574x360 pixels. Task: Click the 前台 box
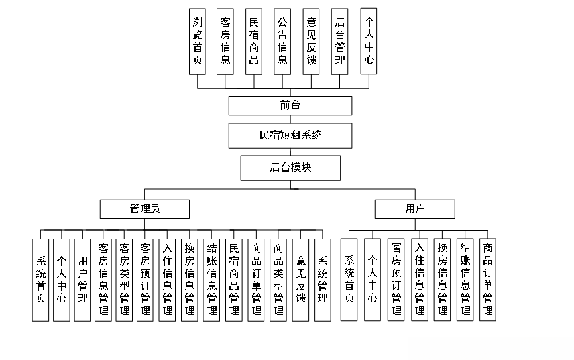(x=290, y=106)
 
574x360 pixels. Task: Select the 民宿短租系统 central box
(x=290, y=135)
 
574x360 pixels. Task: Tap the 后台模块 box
(x=290, y=168)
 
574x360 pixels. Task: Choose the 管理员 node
(x=144, y=209)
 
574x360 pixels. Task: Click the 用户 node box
(x=415, y=209)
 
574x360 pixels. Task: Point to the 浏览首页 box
(x=198, y=41)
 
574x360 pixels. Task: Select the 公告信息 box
(x=283, y=41)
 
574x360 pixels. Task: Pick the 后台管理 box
(x=340, y=41)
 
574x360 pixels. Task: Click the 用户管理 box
(x=82, y=280)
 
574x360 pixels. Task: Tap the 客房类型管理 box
(x=124, y=280)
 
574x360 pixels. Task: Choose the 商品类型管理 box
(x=278, y=280)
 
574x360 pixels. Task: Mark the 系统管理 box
(x=323, y=280)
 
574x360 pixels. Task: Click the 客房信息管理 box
(x=103, y=280)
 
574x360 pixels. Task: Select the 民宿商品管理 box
(x=234, y=280)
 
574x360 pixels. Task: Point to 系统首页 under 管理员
(x=40, y=280)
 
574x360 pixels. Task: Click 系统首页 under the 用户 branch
(x=349, y=280)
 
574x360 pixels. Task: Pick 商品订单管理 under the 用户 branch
(x=488, y=280)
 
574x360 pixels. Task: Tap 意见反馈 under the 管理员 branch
(x=301, y=280)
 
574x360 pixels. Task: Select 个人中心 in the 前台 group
(x=369, y=41)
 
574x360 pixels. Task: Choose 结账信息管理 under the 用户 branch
(x=465, y=280)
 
